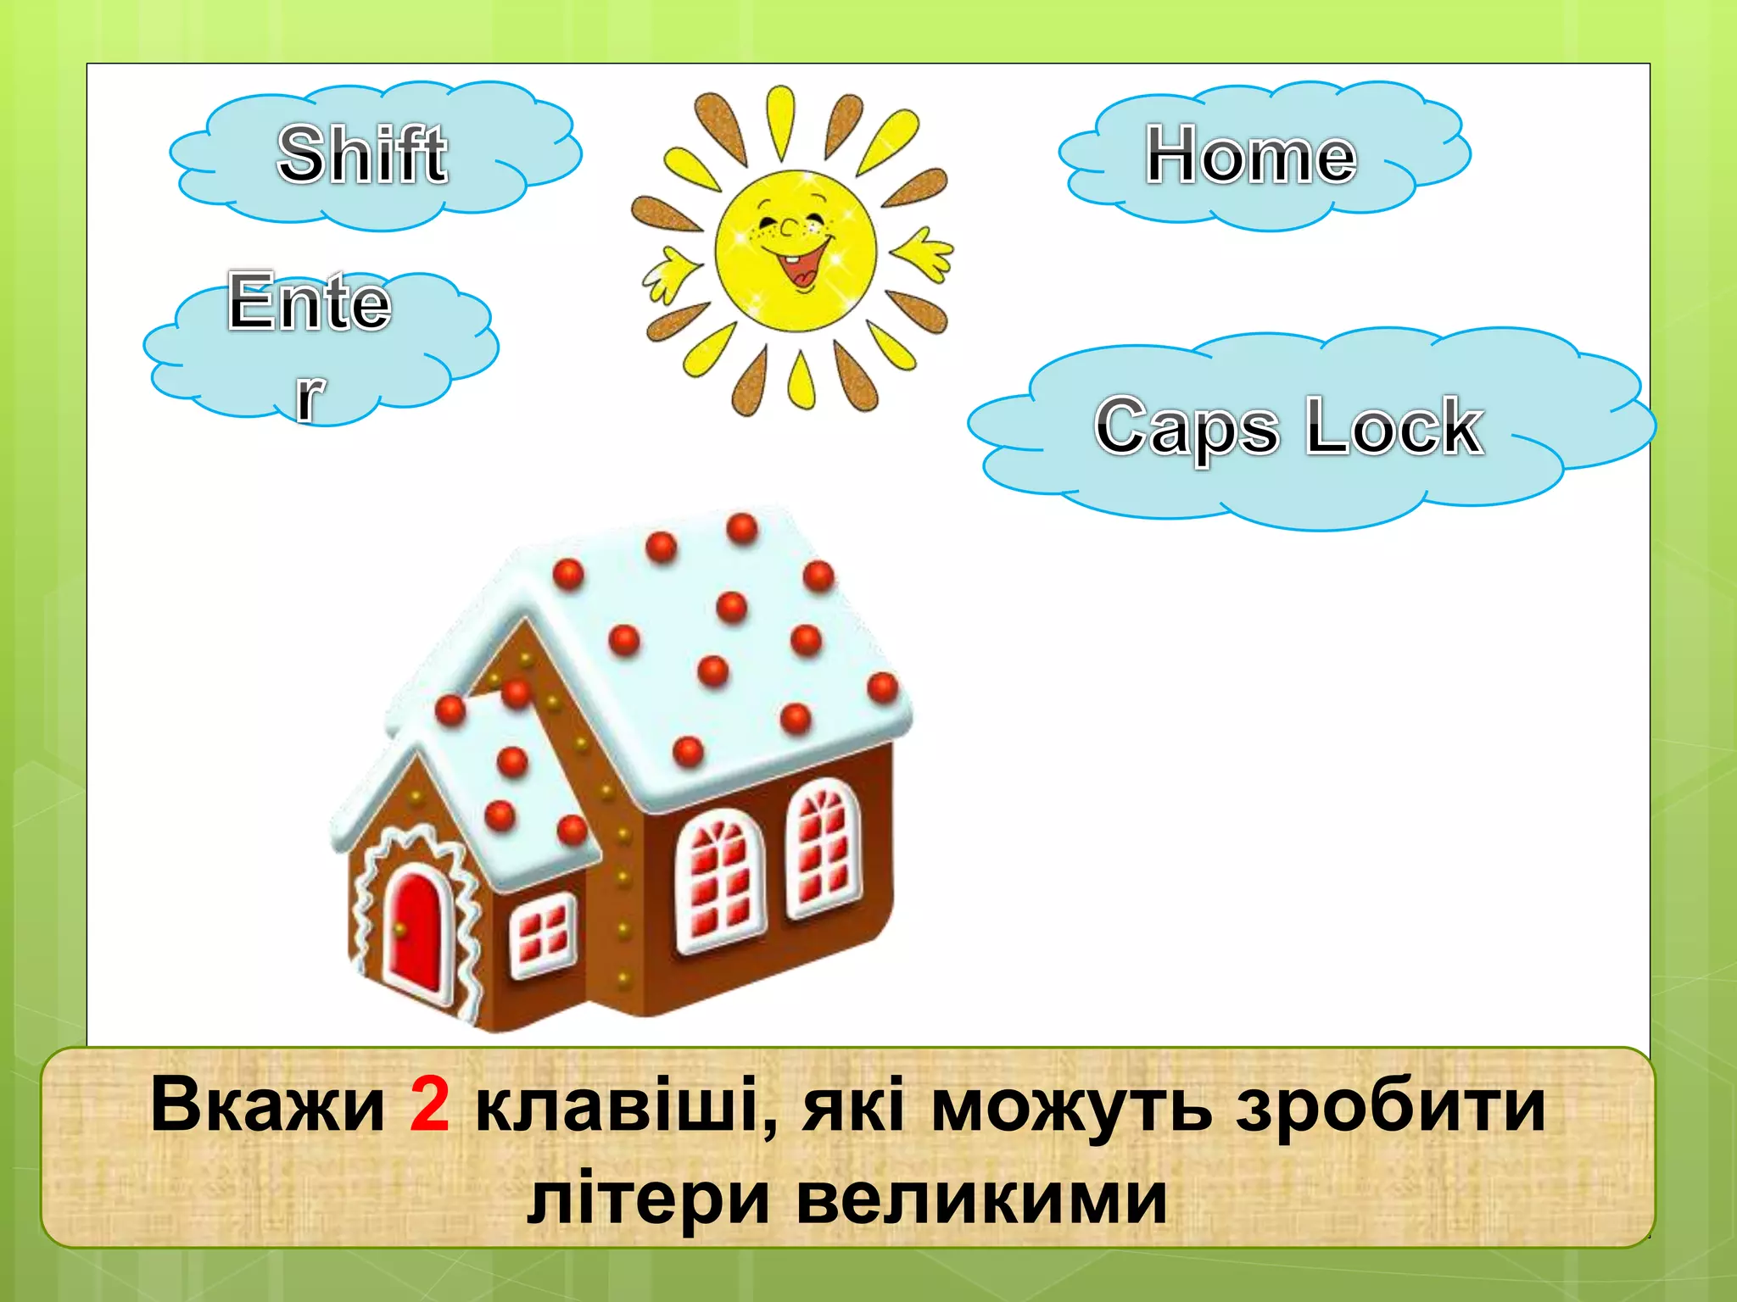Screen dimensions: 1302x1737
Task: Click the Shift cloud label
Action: pos(362,154)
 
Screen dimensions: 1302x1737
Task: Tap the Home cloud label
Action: pos(1251,156)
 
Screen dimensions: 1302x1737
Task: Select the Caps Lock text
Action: pos(1289,426)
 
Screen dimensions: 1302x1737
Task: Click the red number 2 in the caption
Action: pos(429,1105)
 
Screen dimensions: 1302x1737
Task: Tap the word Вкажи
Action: pos(268,1105)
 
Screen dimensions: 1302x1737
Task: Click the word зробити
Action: pos(1391,1105)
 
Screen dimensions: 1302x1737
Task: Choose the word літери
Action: pos(648,1199)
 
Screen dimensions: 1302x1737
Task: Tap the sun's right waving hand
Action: pos(924,253)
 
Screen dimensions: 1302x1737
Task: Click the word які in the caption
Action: pos(853,1105)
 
